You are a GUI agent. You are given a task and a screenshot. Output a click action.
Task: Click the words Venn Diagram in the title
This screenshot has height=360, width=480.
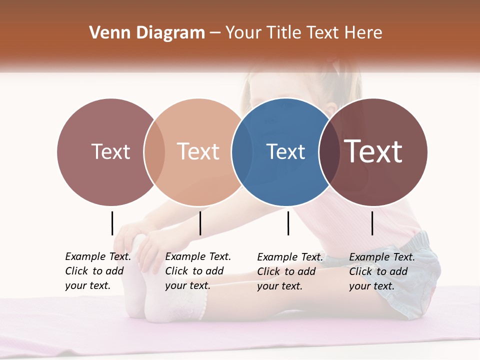147,33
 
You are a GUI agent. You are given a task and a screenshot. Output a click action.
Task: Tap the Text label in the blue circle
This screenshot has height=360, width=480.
285,151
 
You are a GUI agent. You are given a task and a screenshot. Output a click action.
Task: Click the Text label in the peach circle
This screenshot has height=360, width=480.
198,151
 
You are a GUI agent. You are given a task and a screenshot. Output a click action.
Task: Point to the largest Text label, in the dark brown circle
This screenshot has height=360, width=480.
373,151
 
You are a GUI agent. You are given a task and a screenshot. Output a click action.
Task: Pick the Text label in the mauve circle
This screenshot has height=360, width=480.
110,151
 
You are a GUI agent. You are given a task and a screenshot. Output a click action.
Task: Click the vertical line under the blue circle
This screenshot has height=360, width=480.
288,223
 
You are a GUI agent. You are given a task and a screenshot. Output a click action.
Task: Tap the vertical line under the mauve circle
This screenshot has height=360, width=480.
112,223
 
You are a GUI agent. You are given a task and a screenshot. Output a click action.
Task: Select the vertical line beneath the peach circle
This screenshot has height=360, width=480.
200,223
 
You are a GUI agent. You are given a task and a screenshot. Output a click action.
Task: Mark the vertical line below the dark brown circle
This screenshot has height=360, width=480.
372,223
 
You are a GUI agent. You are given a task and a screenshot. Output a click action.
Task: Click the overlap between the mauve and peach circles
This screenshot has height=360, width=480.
154,152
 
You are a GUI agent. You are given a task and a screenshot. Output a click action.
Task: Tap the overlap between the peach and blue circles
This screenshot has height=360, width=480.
242,152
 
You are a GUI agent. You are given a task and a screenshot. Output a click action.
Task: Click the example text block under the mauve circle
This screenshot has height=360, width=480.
98,271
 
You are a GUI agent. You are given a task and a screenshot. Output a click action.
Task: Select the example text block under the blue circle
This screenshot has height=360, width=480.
290,271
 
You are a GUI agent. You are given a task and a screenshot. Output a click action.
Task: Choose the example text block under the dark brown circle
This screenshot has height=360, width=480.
382,271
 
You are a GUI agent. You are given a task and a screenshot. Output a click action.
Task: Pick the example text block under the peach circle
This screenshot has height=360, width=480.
198,271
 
